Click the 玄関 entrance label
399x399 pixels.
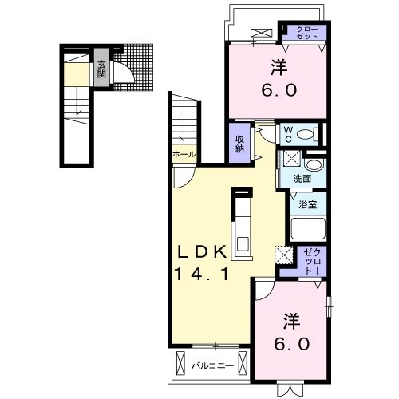[x=102, y=69]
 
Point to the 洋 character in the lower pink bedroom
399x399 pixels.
[x=291, y=321]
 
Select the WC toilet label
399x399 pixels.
[x=288, y=132]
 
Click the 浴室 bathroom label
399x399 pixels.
[x=308, y=205]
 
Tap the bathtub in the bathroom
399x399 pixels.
[x=308, y=231]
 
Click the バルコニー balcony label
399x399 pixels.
[x=212, y=366]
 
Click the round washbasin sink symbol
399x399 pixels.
[x=314, y=165]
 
